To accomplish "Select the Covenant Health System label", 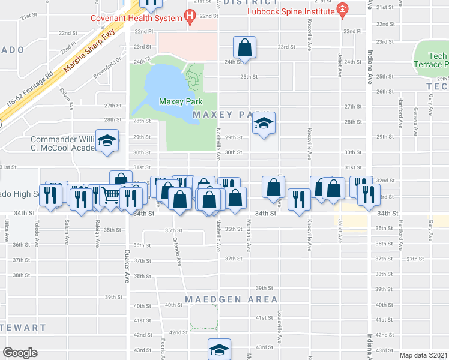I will coord(136,18).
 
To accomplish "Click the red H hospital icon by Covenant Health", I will coord(190,19).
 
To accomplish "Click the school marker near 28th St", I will coord(264,123).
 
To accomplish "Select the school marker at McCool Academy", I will coord(107,142).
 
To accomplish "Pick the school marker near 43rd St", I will coord(219,349).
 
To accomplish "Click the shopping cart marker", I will coord(110,196).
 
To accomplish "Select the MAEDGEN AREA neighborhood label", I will coord(231,299).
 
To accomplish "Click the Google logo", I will coord(20,353).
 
